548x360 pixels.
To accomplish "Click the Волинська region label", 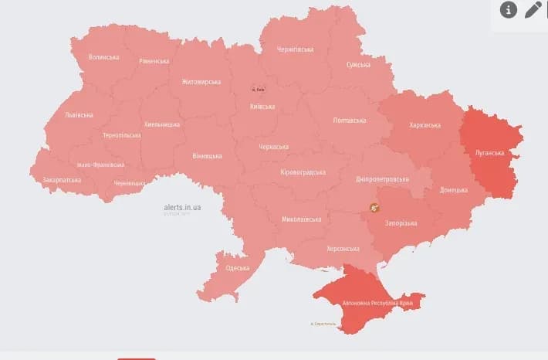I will pyautogui.click(x=103, y=57).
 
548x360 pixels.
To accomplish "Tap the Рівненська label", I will pyautogui.click(x=154, y=61).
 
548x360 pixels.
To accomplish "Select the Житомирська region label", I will pyautogui.click(x=201, y=82).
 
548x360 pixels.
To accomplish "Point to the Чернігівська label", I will pyautogui.click(x=295, y=49).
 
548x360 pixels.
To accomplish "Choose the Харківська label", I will pyautogui.click(x=425, y=124).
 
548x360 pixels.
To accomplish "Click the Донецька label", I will pyautogui.click(x=453, y=189).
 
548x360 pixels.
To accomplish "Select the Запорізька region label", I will pyautogui.click(x=401, y=223).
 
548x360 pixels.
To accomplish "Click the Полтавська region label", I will pyautogui.click(x=349, y=121).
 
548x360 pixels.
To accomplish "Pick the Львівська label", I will pyautogui.click(x=79, y=115).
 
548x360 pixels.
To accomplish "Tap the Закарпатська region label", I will pyautogui.click(x=63, y=179).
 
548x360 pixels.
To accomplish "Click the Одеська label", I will pyautogui.click(x=236, y=268).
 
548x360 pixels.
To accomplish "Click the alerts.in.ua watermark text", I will pyautogui.click(x=182, y=207).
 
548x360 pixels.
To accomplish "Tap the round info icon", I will pyautogui.click(x=508, y=9).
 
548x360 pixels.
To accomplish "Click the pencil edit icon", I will pyautogui.click(x=533, y=9).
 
